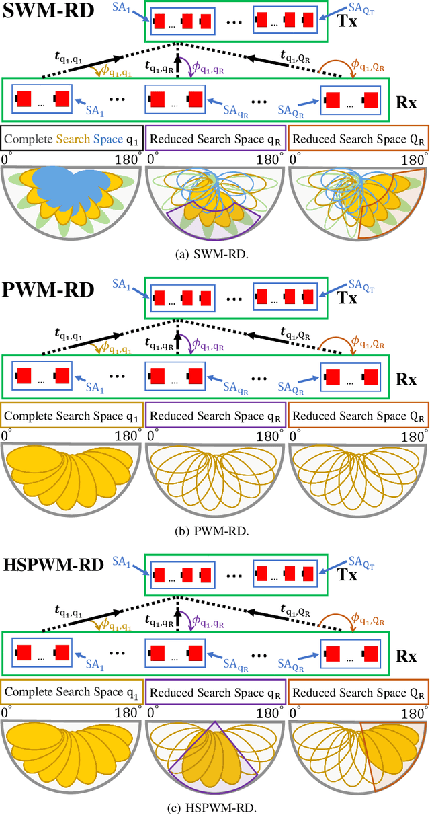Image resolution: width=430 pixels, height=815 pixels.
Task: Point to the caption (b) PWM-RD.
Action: (215, 531)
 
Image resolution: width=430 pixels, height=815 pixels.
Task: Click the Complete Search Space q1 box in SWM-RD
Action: (71, 140)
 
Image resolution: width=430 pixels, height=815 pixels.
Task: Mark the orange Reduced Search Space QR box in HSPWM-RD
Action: (358, 689)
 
